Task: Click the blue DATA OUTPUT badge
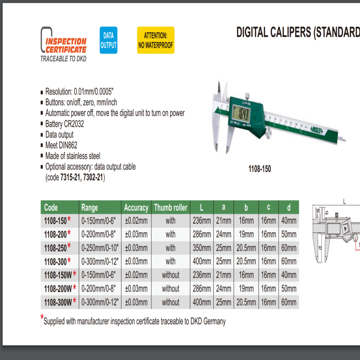click(108, 40)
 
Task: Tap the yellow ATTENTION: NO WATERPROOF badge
click(155, 40)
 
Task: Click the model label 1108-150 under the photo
click(260, 170)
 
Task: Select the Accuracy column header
click(136, 207)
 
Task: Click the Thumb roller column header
click(170, 207)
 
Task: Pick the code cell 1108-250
click(55, 247)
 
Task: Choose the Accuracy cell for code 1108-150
click(136, 220)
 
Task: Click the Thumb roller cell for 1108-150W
click(170, 274)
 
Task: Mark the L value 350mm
click(201, 247)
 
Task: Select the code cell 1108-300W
click(58, 302)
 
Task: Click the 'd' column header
click(288, 207)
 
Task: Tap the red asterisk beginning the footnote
click(42, 319)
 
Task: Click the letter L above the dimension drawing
click(344, 202)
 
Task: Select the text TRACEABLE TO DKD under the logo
click(63, 58)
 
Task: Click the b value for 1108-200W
click(246, 288)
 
